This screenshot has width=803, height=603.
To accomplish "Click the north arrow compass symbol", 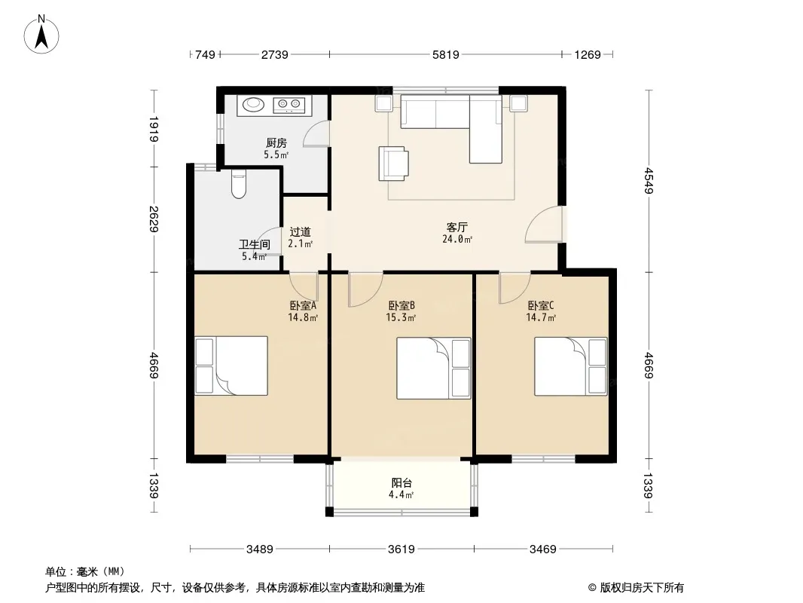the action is (41, 35).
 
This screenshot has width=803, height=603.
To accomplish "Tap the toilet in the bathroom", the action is (239, 185).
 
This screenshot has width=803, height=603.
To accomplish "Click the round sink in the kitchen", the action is (253, 105).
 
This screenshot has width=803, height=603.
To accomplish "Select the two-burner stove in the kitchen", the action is (289, 105).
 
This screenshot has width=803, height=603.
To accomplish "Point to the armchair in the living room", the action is (393, 164).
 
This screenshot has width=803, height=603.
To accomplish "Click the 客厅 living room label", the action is (456, 227).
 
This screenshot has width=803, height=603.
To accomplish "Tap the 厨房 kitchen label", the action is (276, 143).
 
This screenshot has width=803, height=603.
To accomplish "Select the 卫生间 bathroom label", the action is (255, 244).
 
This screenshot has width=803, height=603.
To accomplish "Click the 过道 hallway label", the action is (300, 231).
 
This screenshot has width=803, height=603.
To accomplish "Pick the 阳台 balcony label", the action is (401, 482).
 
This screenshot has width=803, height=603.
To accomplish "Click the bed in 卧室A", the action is (231, 366).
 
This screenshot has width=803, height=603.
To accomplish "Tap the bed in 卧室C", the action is (570, 366).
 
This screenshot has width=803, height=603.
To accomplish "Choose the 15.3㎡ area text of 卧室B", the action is (401, 317).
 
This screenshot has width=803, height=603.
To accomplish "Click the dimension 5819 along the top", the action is (445, 54).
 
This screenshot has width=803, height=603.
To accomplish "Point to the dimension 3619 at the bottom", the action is (401, 549).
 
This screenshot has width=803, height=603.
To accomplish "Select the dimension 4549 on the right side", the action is (649, 181).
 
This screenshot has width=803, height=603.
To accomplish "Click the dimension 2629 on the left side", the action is (154, 219).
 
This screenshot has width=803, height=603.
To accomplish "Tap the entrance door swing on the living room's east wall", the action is (544, 224).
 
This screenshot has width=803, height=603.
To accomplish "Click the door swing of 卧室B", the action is (365, 289).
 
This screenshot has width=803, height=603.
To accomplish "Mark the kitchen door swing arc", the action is (316, 133).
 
